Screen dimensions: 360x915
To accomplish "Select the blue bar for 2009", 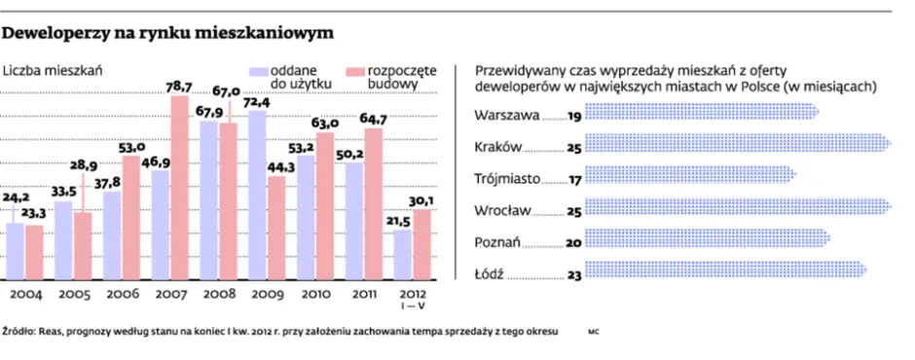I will pyautogui.click(x=257, y=195).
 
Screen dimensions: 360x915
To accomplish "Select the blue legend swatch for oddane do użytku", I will pyautogui.click(x=258, y=71).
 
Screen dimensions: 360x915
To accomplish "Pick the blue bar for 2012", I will pyautogui.click(x=401, y=253).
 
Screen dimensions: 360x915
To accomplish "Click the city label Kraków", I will pyautogui.click(x=497, y=147).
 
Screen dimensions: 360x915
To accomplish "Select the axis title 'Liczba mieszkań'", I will pyautogui.click(x=54, y=70).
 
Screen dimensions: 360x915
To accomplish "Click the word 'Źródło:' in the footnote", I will pyautogui.click(x=20, y=332).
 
